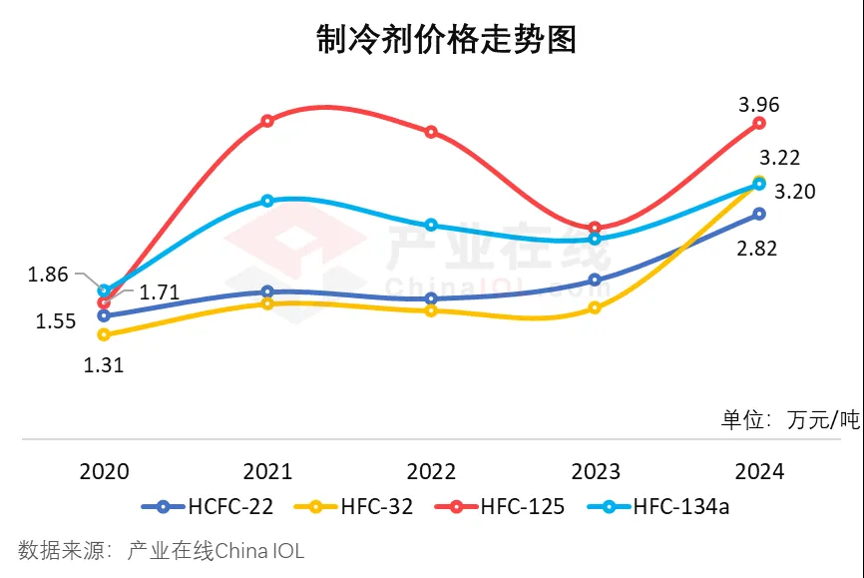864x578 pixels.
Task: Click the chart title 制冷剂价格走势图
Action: [x=432, y=39]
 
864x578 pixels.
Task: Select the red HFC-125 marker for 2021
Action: [x=267, y=121]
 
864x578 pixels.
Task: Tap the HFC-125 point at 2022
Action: [x=431, y=132]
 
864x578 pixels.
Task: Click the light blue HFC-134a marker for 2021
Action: [x=267, y=201]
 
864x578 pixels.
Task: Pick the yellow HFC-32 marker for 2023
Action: [x=595, y=307]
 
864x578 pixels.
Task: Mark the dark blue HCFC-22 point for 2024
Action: [x=759, y=214]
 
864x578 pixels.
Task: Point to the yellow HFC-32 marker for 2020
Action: [x=104, y=334]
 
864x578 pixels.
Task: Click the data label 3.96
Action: [x=758, y=105]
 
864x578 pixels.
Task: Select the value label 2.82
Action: [x=758, y=250]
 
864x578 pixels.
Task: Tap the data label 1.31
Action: [x=103, y=365]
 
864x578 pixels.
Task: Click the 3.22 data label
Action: [x=779, y=158]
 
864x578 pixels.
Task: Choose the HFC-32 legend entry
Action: [x=354, y=506]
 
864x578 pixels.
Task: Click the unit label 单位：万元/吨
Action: [x=790, y=419]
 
